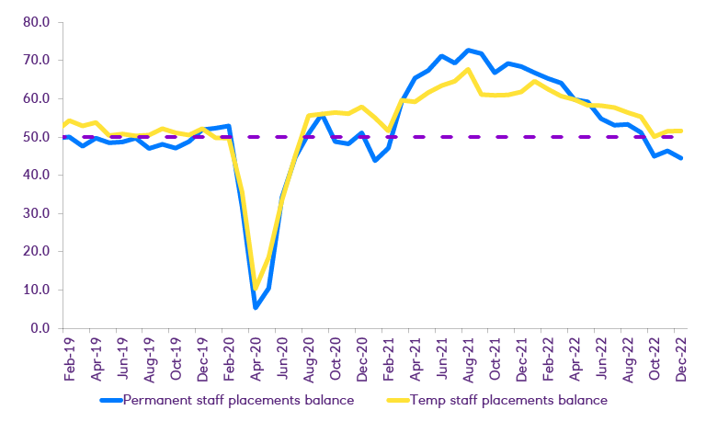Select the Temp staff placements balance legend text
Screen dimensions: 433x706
tap(508, 400)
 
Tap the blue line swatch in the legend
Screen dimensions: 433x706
tap(109, 401)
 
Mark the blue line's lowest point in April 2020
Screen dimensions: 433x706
tap(256, 307)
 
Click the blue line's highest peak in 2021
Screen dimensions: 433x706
tap(469, 50)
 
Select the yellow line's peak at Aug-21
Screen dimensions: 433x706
tap(469, 70)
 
